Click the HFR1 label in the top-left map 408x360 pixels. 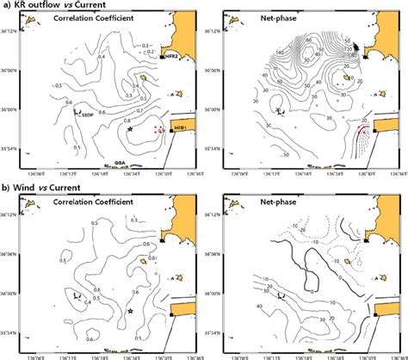tap(179, 127)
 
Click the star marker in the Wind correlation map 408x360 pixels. tap(130, 310)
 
